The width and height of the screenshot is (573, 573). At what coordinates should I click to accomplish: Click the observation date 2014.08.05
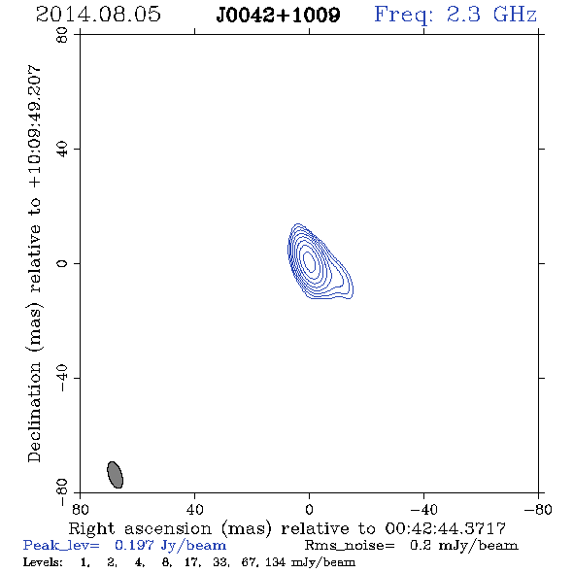click(x=98, y=15)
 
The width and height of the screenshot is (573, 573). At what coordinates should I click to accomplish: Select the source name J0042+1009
click(x=278, y=15)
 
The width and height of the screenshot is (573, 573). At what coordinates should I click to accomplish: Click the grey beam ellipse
click(x=116, y=474)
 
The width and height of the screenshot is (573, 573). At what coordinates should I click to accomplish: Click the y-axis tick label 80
click(x=62, y=35)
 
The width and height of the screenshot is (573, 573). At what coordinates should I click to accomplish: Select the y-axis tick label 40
click(x=62, y=150)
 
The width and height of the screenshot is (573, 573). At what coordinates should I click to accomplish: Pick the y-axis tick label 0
click(x=62, y=263)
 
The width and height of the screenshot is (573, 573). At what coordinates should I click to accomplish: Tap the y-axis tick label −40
click(x=62, y=378)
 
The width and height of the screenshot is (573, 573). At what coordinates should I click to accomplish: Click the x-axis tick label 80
click(x=80, y=510)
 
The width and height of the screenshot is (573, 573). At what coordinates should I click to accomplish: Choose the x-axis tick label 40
click(x=194, y=510)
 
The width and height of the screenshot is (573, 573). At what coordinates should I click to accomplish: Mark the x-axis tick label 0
click(x=309, y=510)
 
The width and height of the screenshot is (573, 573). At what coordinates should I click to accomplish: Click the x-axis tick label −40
click(x=423, y=510)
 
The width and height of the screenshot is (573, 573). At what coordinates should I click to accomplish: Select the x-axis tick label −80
click(x=538, y=510)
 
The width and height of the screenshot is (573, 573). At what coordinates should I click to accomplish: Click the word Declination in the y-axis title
click(x=34, y=412)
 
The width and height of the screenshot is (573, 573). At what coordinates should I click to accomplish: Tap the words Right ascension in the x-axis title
click(x=140, y=528)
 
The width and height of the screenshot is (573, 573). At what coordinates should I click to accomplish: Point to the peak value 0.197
click(x=134, y=545)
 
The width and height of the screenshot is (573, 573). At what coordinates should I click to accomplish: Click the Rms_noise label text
click(x=350, y=546)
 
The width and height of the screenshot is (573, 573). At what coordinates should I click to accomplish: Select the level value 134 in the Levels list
click(x=275, y=561)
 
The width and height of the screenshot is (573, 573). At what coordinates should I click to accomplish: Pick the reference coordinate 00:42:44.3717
click(x=445, y=528)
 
